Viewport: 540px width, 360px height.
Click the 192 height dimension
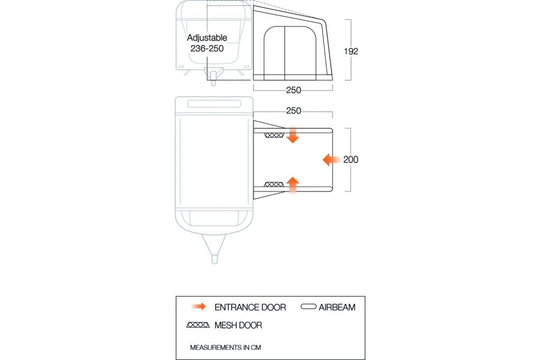(351, 51)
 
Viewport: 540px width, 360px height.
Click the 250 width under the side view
(293, 90)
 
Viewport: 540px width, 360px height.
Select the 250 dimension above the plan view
(293, 111)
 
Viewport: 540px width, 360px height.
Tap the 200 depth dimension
(351, 160)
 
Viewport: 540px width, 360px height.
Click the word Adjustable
(207, 38)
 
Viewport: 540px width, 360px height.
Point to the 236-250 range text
(207, 49)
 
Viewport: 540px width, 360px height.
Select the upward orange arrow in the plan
(293, 185)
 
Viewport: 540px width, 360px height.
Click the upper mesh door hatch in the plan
(274, 135)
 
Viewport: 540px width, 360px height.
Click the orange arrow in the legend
(197, 307)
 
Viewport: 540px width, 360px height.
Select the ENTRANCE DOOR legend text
(250, 307)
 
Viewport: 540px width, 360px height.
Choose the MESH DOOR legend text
(238, 326)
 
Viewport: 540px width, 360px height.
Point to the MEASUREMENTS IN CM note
(226, 347)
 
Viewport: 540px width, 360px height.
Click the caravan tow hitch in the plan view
(214, 252)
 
